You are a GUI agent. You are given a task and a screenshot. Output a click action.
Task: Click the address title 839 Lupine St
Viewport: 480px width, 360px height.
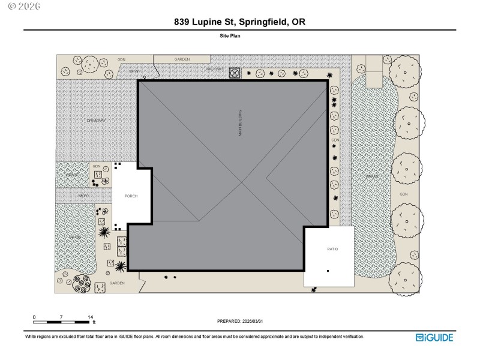[x=240, y=22]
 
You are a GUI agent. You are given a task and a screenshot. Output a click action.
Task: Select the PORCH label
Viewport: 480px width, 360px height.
[x=131, y=196]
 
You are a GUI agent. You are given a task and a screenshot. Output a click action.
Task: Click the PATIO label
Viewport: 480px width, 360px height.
[x=332, y=248]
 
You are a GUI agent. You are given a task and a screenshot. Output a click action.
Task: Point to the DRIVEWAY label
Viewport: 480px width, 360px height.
[x=96, y=121]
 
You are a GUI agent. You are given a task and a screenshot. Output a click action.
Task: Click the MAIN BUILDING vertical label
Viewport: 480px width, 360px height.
[x=240, y=123]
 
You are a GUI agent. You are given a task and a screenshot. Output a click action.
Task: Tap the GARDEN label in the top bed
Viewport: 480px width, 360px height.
[x=182, y=59]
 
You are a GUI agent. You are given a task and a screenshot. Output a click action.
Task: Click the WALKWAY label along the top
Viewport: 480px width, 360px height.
[x=215, y=69]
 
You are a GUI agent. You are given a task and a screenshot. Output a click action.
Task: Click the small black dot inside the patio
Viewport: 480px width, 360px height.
[x=328, y=271]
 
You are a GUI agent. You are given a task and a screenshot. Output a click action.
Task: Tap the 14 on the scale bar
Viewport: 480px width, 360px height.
[x=91, y=317]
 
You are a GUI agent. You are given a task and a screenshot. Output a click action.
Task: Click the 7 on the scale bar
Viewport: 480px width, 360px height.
[x=62, y=317]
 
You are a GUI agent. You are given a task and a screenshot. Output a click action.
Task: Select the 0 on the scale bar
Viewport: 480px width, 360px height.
[x=34, y=317]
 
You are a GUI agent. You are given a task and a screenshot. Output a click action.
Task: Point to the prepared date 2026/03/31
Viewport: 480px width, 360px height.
[x=239, y=321]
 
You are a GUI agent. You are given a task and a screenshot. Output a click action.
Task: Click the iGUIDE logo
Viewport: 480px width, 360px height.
[x=434, y=337]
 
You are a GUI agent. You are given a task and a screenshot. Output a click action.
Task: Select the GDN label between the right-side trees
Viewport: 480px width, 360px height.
[x=404, y=194]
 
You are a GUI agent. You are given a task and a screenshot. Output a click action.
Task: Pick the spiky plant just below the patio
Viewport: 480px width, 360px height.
[x=314, y=290]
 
